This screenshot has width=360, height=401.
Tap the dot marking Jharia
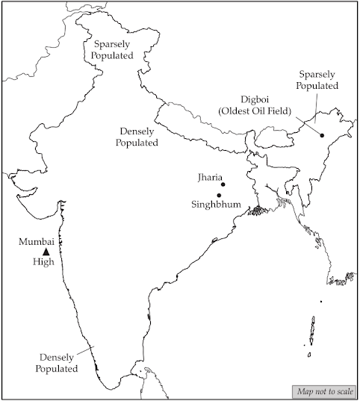pos(223,184)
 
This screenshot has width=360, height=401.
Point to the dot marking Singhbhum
pos(218,195)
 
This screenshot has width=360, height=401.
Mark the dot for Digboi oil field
pos(321,134)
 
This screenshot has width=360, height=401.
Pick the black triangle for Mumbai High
pos(46,252)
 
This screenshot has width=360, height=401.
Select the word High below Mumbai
pos(43,262)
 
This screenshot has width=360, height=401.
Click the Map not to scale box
pos(323,392)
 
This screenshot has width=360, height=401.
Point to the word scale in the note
pos(343,392)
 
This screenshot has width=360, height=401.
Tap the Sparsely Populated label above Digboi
pos(318,81)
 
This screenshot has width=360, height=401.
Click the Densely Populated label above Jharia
pos(137,136)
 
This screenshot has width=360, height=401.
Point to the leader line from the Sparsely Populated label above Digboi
pos(317,111)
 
